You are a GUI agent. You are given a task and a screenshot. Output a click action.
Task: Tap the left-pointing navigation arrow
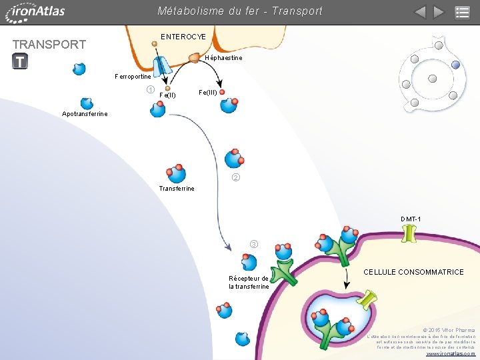click(x=419, y=12)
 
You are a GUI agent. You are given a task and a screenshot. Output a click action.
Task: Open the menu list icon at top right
click(x=462, y=12)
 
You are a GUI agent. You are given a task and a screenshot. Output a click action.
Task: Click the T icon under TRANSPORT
click(x=20, y=61)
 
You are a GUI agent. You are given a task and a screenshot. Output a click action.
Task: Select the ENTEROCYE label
click(x=183, y=37)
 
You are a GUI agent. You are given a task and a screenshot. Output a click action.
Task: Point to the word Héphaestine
click(x=224, y=58)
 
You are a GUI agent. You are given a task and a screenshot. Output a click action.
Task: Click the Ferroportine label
click(x=133, y=77)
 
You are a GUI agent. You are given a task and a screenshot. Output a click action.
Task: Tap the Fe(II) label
click(x=167, y=95)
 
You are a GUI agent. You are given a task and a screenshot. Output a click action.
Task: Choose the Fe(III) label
click(x=207, y=92)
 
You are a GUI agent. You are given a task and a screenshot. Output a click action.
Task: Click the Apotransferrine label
click(x=85, y=114)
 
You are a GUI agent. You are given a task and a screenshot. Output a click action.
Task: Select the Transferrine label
click(x=177, y=189)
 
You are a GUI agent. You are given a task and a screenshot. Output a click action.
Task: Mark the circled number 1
click(x=151, y=90)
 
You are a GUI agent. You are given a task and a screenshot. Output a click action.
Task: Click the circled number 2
click(x=235, y=178)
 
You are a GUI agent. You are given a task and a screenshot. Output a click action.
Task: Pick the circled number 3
click(x=253, y=243)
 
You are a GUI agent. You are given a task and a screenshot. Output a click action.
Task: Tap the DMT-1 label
click(x=411, y=219)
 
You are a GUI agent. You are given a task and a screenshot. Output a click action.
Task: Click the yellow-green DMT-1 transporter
click(x=409, y=235)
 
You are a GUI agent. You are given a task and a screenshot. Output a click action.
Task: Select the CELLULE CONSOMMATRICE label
click(x=413, y=272)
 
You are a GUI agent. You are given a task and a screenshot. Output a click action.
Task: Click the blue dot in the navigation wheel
click(x=455, y=65)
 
